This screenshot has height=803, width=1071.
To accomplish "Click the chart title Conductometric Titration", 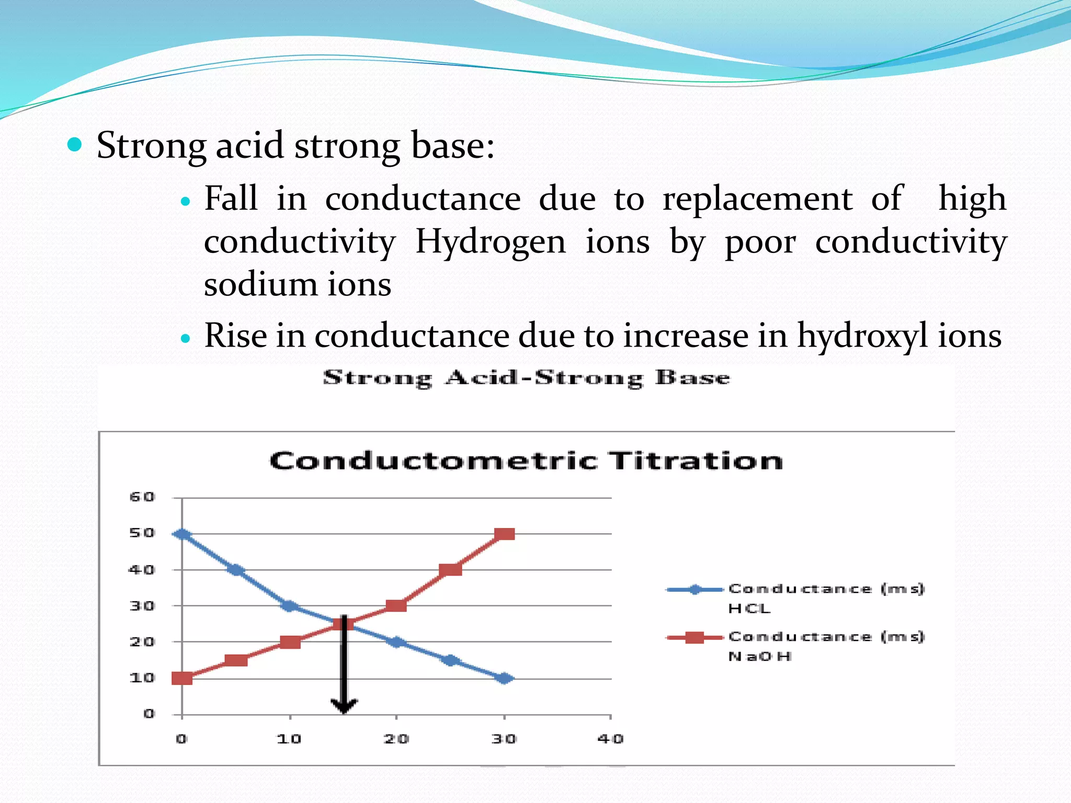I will pyautogui.click(x=526, y=461).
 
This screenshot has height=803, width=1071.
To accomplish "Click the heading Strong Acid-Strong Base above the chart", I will pyautogui.click(x=526, y=377).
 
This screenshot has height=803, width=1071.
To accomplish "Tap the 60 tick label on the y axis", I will pyautogui.click(x=142, y=497).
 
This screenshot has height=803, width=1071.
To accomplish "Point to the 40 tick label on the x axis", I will pyautogui.click(x=610, y=739).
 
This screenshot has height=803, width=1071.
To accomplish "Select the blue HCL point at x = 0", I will pyautogui.click(x=182, y=534).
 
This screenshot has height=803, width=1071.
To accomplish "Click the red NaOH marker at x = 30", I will pyautogui.click(x=504, y=534).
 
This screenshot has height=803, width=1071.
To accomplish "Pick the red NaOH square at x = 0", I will pyautogui.click(x=182, y=678).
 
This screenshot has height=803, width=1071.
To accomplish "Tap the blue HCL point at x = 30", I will pyautogui.click(x=504, y=678).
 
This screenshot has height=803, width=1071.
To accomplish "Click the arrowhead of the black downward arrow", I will pyautogui.click(x=344, y=706).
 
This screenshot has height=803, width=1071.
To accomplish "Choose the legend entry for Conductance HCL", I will pyautogui.click(x=795, y=598).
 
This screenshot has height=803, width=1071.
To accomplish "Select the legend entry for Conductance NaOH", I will pyautogui.click(x=795, y=646).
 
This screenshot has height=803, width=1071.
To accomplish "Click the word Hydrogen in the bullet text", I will pyautogui.click(x=491, y=242).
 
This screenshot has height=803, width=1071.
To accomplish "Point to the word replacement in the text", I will pyautogui.click(x=757, y=199).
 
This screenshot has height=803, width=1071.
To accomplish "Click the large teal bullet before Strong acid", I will pyautogui.click(x=75, y=145).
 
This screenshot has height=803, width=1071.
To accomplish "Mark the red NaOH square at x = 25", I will pyautogui.click(x=450, y=569).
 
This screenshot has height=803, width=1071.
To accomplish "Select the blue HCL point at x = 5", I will pyautogui.click(x=236, y=570).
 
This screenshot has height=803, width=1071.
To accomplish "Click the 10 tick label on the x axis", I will pyautogui.click(x=289, y=739).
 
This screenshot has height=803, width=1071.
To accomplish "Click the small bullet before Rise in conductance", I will pyautogui.click(x=185, y=338).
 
